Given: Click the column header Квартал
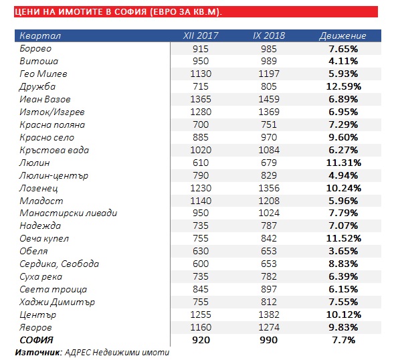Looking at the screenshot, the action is click(x=40, y=35).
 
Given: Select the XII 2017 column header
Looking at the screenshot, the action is click(x=201, y=35).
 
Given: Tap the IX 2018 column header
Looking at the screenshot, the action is click(x=269, y=35).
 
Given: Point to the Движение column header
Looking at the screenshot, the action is click(x=342, y=36).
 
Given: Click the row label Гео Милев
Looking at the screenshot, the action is click(x=43, y=74).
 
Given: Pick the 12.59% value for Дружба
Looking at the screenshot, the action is click(x=343, y=87).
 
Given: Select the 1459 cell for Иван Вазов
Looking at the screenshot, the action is click(x=269, y=99).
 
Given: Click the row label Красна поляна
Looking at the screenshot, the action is click(x=52, y=125).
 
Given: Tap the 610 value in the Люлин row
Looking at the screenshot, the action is click(x=201, y=163).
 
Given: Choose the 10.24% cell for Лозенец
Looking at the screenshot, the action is click(x=343, y=188).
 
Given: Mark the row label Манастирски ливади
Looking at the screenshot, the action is click(x=68, y=213).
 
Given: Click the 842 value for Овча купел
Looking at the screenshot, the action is click(x=269, y=238).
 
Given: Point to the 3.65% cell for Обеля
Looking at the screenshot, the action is click(x=343, y=251).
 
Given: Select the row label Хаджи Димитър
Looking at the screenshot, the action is click(x=57, y=302).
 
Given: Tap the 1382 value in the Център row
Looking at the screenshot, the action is click(x=269, y=314).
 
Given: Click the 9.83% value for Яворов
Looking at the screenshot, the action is click(x=343, y=328).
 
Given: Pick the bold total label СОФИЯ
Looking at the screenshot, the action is click(x=36, y=340).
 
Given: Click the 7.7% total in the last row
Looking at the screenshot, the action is click(x=343, y=341).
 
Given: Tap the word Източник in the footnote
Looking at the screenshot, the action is click(x=37, y=353).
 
